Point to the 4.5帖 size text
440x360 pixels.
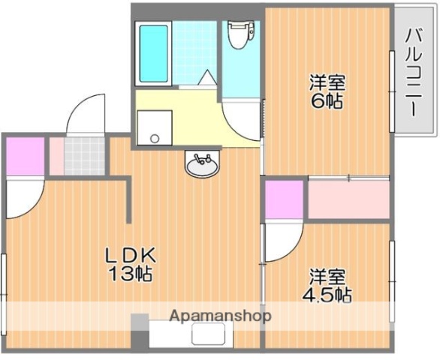point(328,294)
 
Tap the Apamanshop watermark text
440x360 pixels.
point(220,316)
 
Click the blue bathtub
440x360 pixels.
point(155,55)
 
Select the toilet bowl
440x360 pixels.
point(238,34)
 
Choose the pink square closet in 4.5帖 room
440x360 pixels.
point(284,199)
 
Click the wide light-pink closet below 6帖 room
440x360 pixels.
point(348,199)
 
